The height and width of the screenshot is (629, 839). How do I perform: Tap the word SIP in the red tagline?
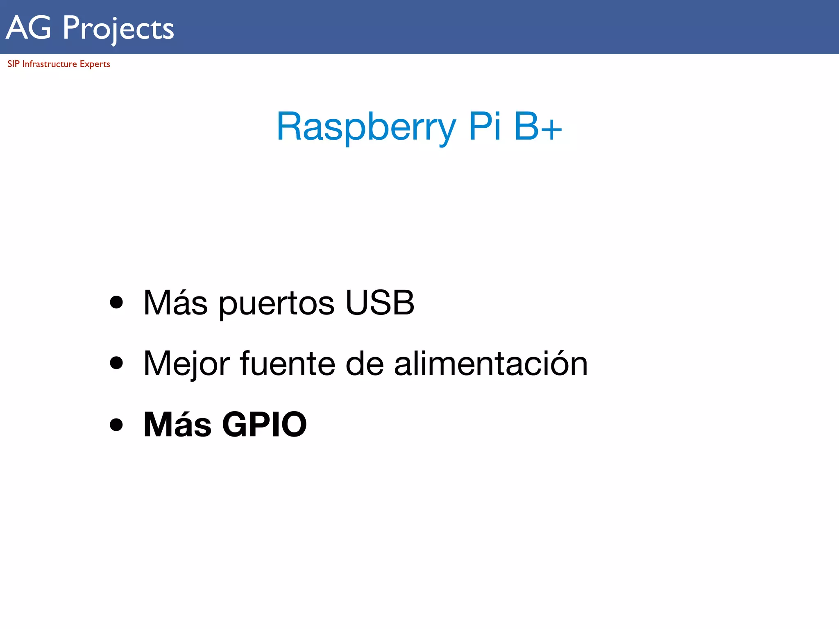point(13,64)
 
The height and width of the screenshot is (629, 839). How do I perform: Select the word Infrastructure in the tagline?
point(50,64)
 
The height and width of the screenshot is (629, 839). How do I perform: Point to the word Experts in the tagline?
point(95,64)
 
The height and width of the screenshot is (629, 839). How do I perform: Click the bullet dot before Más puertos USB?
point(116,302)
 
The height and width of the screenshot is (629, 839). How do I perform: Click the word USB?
point(380,303)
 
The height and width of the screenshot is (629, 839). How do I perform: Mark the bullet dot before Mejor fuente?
point(116,363)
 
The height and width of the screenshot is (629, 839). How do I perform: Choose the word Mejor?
point(187,364)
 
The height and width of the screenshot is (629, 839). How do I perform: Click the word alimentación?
point(491,363)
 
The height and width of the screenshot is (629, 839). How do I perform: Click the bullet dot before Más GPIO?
point(116,424)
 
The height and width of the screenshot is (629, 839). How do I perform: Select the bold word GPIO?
point(264,424)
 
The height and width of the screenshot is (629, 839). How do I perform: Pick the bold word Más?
point(177,424)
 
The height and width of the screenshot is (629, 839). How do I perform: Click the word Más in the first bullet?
point(176,303)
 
